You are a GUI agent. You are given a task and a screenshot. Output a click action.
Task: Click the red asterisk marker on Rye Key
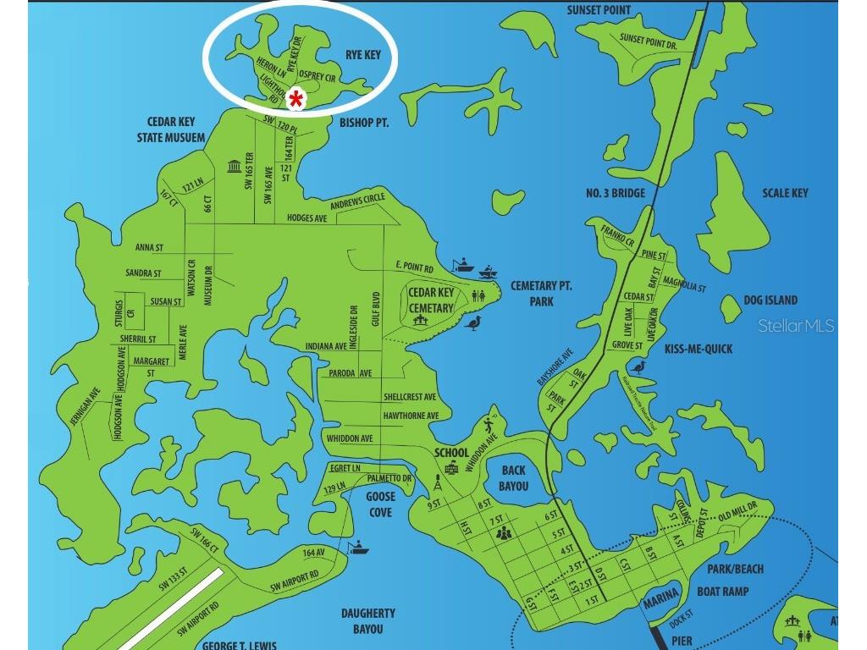point(296,99)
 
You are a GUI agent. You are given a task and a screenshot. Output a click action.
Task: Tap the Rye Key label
point(362,55)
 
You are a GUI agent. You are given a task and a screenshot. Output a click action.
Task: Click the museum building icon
point(234,166)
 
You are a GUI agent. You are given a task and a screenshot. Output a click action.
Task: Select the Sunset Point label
point(605,10)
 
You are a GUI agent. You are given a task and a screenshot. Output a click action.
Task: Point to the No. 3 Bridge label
point(616,193)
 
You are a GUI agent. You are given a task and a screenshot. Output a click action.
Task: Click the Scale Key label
point(785,193)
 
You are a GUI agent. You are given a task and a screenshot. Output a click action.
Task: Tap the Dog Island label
point(770,300)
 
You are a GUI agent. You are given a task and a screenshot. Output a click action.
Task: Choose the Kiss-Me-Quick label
point(699,349)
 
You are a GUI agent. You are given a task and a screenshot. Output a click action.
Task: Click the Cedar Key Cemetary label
point(432,300)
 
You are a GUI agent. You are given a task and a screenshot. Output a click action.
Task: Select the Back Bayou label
point(513,478)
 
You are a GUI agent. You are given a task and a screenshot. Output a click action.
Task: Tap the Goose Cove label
point(380,505)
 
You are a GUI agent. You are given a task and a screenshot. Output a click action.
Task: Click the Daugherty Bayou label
point(368,620)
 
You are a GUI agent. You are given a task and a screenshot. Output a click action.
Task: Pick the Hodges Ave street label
point(306,218)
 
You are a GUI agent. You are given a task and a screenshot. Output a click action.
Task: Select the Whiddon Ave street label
point(350,438)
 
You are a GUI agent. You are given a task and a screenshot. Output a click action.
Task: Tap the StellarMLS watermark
point(796,326)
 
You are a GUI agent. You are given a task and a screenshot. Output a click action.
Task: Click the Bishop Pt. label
point(363,123)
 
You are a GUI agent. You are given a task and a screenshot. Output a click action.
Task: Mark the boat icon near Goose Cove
point(359,548)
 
